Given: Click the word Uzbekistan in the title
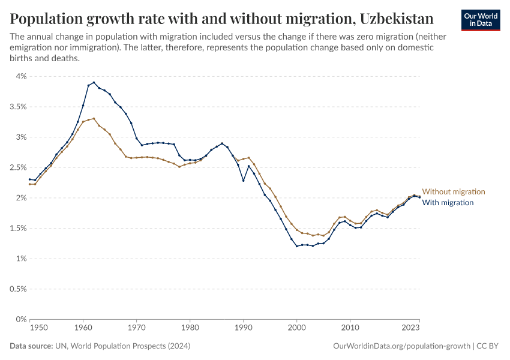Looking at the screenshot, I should [397, 17].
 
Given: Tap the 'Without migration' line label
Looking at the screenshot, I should [453, 191].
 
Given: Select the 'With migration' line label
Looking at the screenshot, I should [448, 203].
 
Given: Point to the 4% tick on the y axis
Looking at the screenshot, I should [21, 76].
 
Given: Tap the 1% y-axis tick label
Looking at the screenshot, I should [21, 259].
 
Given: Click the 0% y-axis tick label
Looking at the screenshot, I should [21, 319].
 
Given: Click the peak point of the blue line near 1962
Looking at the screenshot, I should [94, 82].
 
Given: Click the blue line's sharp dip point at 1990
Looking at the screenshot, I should [243, 181].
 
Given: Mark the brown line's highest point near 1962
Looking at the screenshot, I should [94, 118].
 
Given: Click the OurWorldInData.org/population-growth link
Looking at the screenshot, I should [401, 346].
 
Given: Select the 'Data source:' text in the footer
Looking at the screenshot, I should [31, 346].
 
